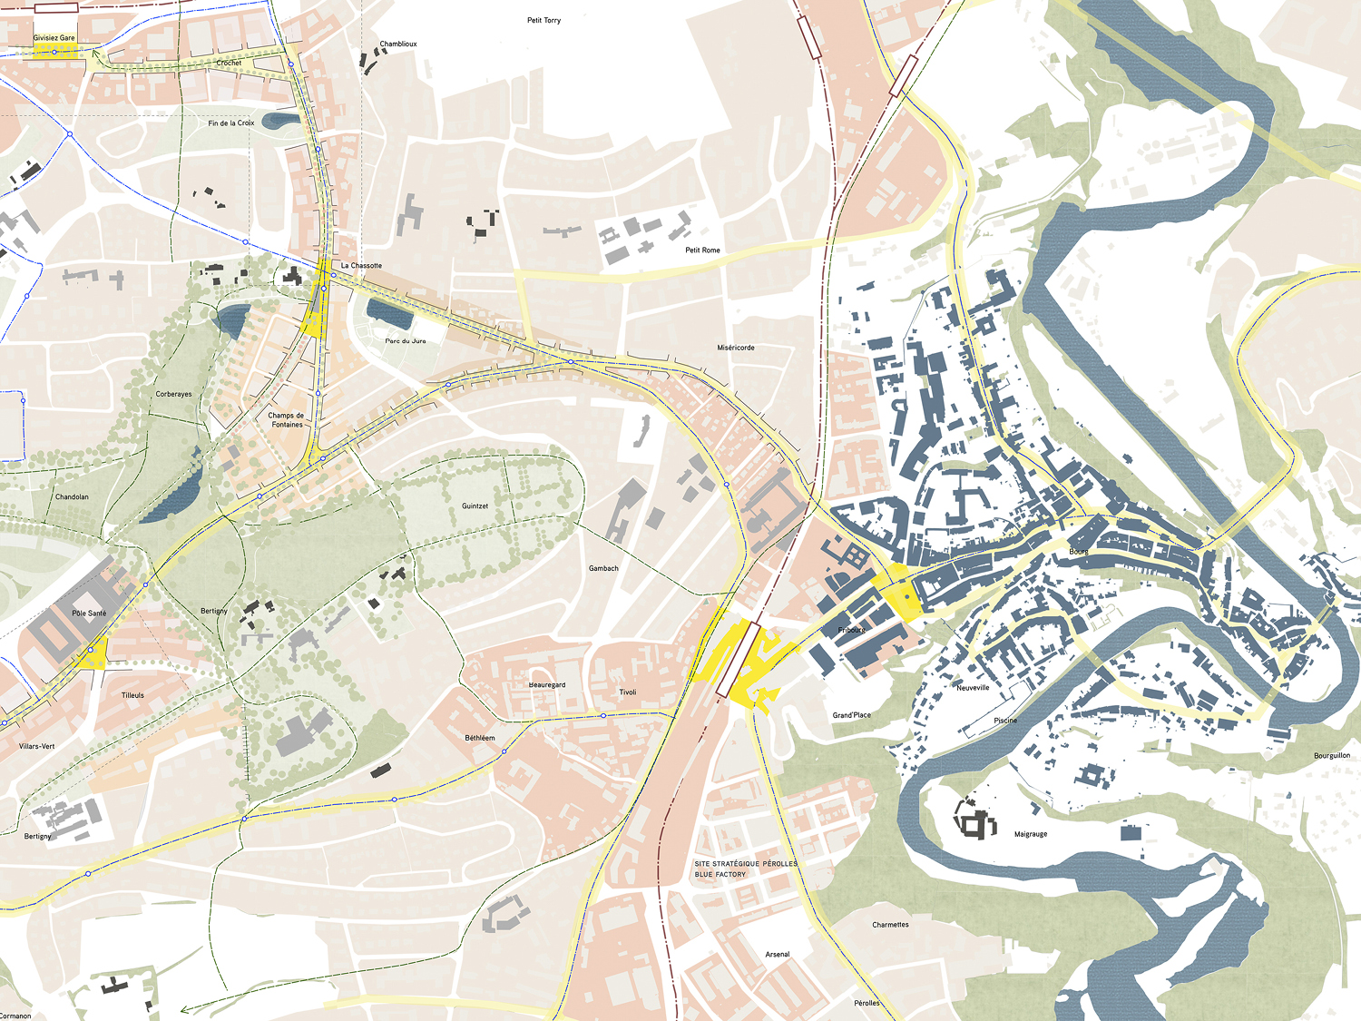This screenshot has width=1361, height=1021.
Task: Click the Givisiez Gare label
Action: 54,38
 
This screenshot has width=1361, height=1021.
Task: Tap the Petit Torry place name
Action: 543,20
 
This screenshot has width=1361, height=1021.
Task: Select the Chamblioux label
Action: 398,44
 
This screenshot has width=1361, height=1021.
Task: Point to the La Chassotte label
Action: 361,266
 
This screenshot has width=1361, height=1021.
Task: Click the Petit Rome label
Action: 702,250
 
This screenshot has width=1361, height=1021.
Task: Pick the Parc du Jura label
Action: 406,341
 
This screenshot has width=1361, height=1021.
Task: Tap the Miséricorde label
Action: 736,348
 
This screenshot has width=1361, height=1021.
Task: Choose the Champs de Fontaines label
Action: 287,419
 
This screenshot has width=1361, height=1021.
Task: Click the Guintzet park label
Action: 475,506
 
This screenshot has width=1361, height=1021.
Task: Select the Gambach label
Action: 603,568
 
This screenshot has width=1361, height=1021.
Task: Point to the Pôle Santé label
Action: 89,614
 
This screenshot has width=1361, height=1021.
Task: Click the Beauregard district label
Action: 547,685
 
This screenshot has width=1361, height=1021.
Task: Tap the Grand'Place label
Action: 851,715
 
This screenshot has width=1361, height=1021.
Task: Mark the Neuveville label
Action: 973,688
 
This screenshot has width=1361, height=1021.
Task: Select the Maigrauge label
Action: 1031,834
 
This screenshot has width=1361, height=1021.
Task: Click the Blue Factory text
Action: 720,875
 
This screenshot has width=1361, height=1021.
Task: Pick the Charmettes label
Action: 890,925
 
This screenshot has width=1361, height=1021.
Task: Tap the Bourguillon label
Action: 1332,755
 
